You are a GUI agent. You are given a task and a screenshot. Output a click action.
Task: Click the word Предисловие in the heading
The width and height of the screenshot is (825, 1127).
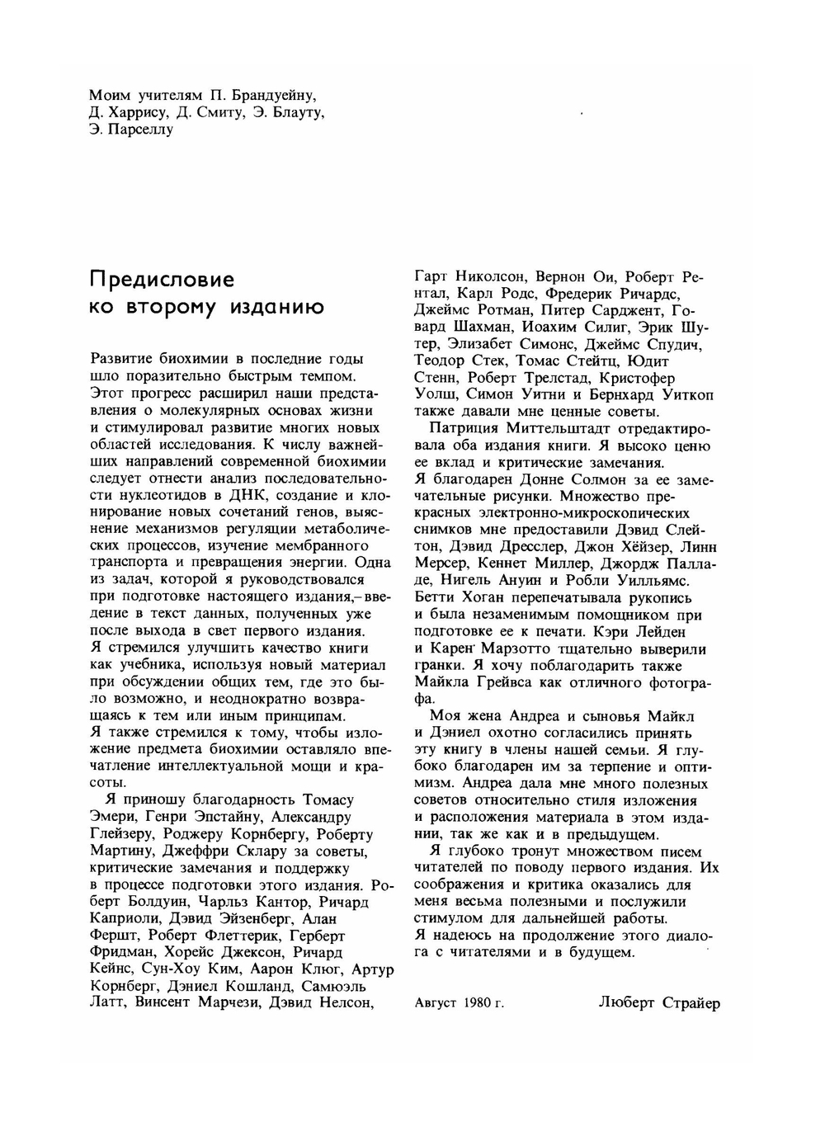pos(163,281)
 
